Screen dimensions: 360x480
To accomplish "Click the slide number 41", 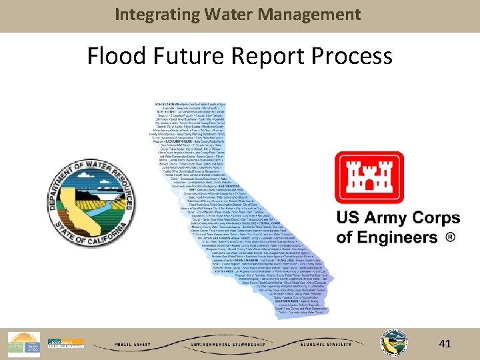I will click(445, 344).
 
